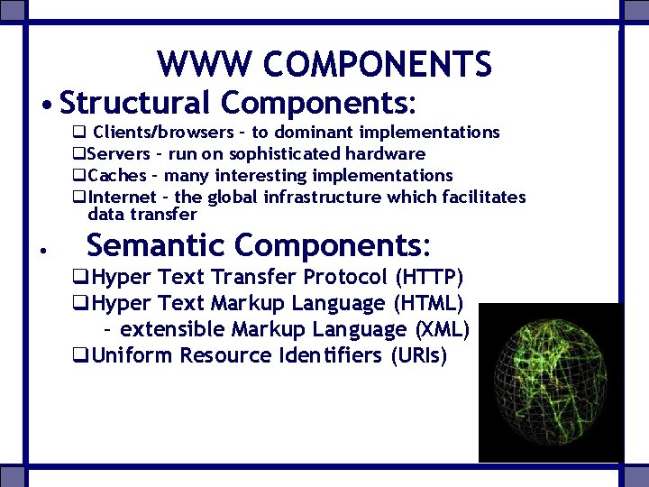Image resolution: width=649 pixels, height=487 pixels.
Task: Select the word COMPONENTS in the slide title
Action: click(x=378, y=64)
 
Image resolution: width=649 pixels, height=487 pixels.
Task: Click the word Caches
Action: click(x=117, y=176)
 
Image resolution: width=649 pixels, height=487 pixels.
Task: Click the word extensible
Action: click(x=172, y=329)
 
